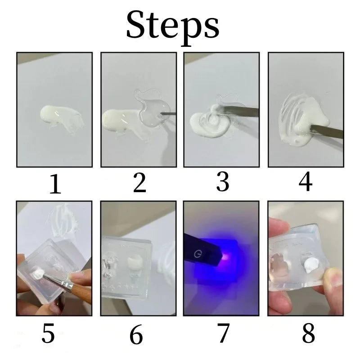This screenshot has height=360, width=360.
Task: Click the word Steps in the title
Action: coord(173,27)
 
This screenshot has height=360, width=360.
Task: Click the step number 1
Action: coord(55,184)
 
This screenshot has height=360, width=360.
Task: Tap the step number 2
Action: coord(139,183)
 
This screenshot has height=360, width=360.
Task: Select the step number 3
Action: coord(223,182)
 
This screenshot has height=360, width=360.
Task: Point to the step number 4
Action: coord(306,182)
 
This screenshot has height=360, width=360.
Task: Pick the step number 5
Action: coord(48,333)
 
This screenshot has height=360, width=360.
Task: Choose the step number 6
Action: coord(136,334)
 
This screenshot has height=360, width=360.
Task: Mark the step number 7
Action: coord(223,333)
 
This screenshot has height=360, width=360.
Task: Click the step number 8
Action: coord(308,333)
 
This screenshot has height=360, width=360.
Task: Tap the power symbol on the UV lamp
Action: coord(198,254)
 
